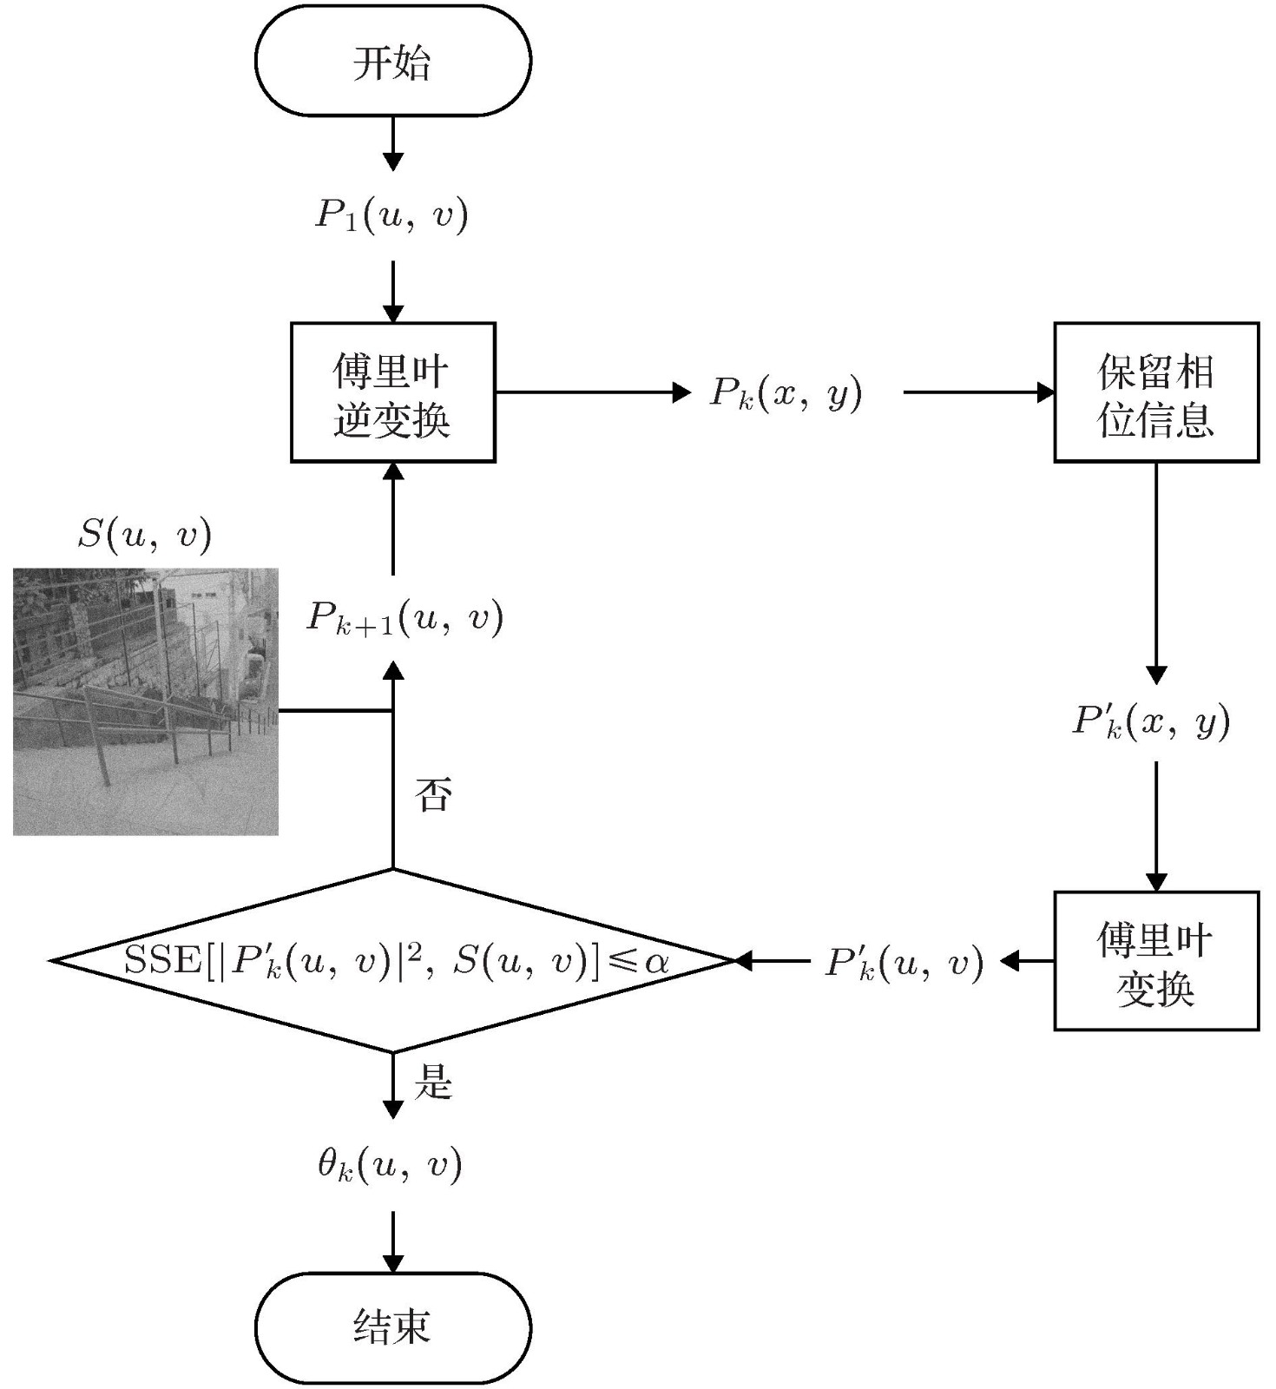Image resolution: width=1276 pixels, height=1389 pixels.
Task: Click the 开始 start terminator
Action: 392,61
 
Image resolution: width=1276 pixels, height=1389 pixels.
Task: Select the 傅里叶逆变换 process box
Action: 392,392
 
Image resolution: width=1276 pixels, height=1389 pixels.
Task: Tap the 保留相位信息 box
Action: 1156,392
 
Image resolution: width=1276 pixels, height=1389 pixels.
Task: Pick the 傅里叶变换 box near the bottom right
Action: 1156,961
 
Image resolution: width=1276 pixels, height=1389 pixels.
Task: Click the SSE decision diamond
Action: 392,961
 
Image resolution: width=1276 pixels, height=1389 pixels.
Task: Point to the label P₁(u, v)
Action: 391,215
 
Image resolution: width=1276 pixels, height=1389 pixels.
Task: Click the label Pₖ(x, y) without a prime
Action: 786,393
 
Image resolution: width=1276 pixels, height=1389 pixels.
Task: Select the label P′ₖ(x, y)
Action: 1152,721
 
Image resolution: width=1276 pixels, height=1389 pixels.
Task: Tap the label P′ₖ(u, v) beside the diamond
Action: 904,963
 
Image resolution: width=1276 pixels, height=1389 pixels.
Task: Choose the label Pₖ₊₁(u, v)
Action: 405,618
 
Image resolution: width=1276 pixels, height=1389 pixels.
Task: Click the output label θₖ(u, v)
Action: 390,1165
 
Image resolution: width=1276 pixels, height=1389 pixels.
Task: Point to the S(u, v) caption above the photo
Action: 145,535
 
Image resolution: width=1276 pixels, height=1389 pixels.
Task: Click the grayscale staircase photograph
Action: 146,701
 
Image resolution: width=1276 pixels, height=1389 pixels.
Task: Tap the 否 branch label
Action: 433,794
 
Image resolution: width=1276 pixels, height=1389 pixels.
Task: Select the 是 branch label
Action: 433,1083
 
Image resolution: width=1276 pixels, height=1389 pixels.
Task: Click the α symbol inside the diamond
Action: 657,961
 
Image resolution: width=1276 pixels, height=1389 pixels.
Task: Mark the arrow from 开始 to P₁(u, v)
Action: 393,143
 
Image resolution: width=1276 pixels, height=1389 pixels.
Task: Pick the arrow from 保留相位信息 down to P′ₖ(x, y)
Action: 1156,573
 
